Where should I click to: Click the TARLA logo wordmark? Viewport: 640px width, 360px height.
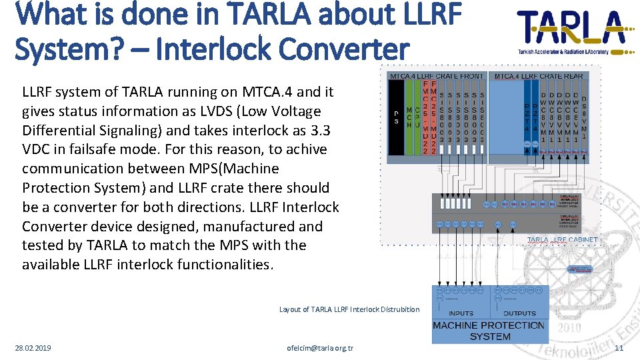coord(572,27)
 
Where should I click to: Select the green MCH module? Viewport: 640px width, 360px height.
coord(408,121)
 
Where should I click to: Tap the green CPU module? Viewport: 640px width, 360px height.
coord(417,121)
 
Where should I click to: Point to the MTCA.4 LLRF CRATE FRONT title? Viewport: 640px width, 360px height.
coord(437,76)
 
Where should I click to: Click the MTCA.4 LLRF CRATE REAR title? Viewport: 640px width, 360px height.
coord(538,76)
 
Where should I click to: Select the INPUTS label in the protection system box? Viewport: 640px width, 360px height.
coord(461,313)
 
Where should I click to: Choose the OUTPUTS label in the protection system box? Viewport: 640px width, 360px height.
coord(519,313)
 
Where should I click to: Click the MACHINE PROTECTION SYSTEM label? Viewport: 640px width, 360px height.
coord(489,331)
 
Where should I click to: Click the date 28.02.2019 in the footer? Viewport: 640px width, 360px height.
coord(33,348)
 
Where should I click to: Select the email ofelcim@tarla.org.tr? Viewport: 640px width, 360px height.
coord(320,348)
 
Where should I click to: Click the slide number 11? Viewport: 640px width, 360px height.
coord(619,348)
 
